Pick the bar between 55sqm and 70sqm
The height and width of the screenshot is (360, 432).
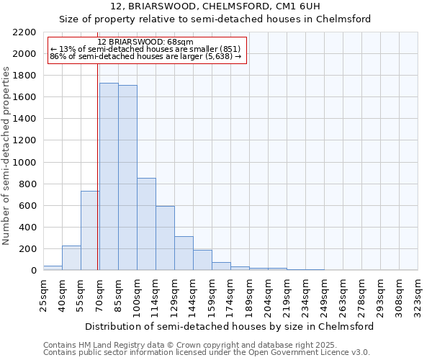coord(89,230)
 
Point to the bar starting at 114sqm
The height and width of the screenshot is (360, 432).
coord(165,238)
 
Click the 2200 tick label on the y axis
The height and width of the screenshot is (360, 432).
coord(24,32)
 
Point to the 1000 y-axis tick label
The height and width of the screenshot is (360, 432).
coord(24,163)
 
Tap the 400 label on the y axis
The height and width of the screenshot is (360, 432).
coord(27,228)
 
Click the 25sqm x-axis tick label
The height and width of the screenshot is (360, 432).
coord(44,294)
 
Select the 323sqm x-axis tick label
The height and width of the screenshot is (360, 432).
coord(418,294)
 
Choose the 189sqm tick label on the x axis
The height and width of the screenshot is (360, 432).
coord(250,294)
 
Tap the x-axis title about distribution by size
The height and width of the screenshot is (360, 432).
coord(230,326)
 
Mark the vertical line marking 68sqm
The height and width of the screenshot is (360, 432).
coord(97,166)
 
